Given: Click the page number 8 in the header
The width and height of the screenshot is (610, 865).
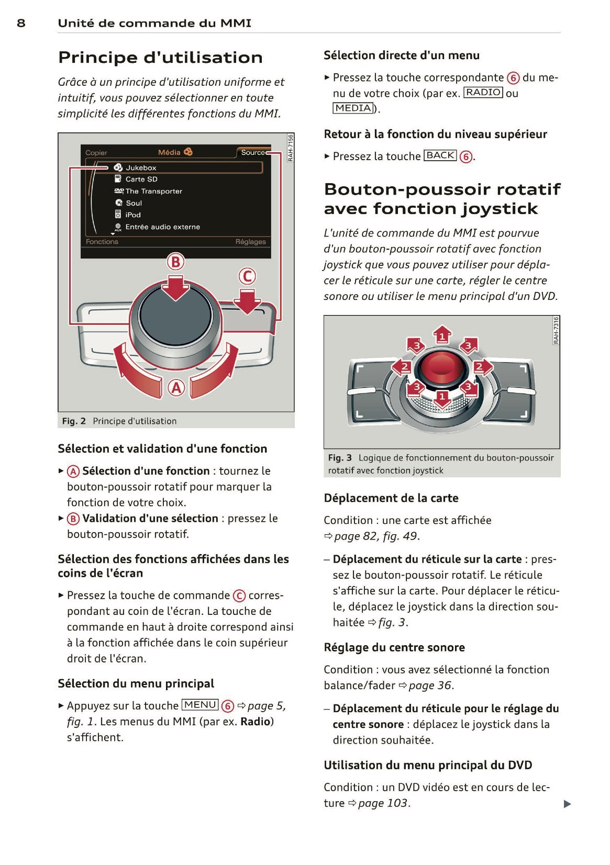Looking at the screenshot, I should click(21, 23).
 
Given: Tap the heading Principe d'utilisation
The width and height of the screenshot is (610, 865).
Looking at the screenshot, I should click(160, 58).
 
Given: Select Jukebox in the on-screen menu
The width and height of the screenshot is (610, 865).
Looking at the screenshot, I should click(141, 168).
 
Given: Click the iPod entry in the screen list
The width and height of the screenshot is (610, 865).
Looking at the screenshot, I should click(133, 215).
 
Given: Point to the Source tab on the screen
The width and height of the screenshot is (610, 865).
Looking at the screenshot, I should click(253, 153).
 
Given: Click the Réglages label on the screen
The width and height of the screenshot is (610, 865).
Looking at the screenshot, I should click(250, 242).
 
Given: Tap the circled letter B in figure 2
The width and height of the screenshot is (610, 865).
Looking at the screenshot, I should click(176, 262).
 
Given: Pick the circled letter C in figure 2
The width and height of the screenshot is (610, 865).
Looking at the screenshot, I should click(247, 276).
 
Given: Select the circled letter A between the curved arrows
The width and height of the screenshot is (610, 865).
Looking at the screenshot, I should click(176, 388).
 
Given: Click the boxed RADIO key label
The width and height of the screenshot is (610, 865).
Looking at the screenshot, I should click(483, 93).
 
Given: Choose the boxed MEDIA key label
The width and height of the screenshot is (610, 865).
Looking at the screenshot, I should click(353, 108).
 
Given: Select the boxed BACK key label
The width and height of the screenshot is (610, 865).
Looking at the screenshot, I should click(440, 155).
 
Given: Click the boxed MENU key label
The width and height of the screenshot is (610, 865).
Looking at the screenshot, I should click(200, 705).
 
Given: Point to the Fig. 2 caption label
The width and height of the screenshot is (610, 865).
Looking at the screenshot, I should click(74, 421).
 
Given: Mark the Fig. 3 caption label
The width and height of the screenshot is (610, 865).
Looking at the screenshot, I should click(340, 458).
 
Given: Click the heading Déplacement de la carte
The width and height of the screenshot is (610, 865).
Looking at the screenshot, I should click(391, 498).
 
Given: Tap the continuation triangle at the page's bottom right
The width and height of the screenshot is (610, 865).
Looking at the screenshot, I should click(567, 804).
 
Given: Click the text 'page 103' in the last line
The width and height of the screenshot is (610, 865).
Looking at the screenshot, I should click(382, 803).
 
